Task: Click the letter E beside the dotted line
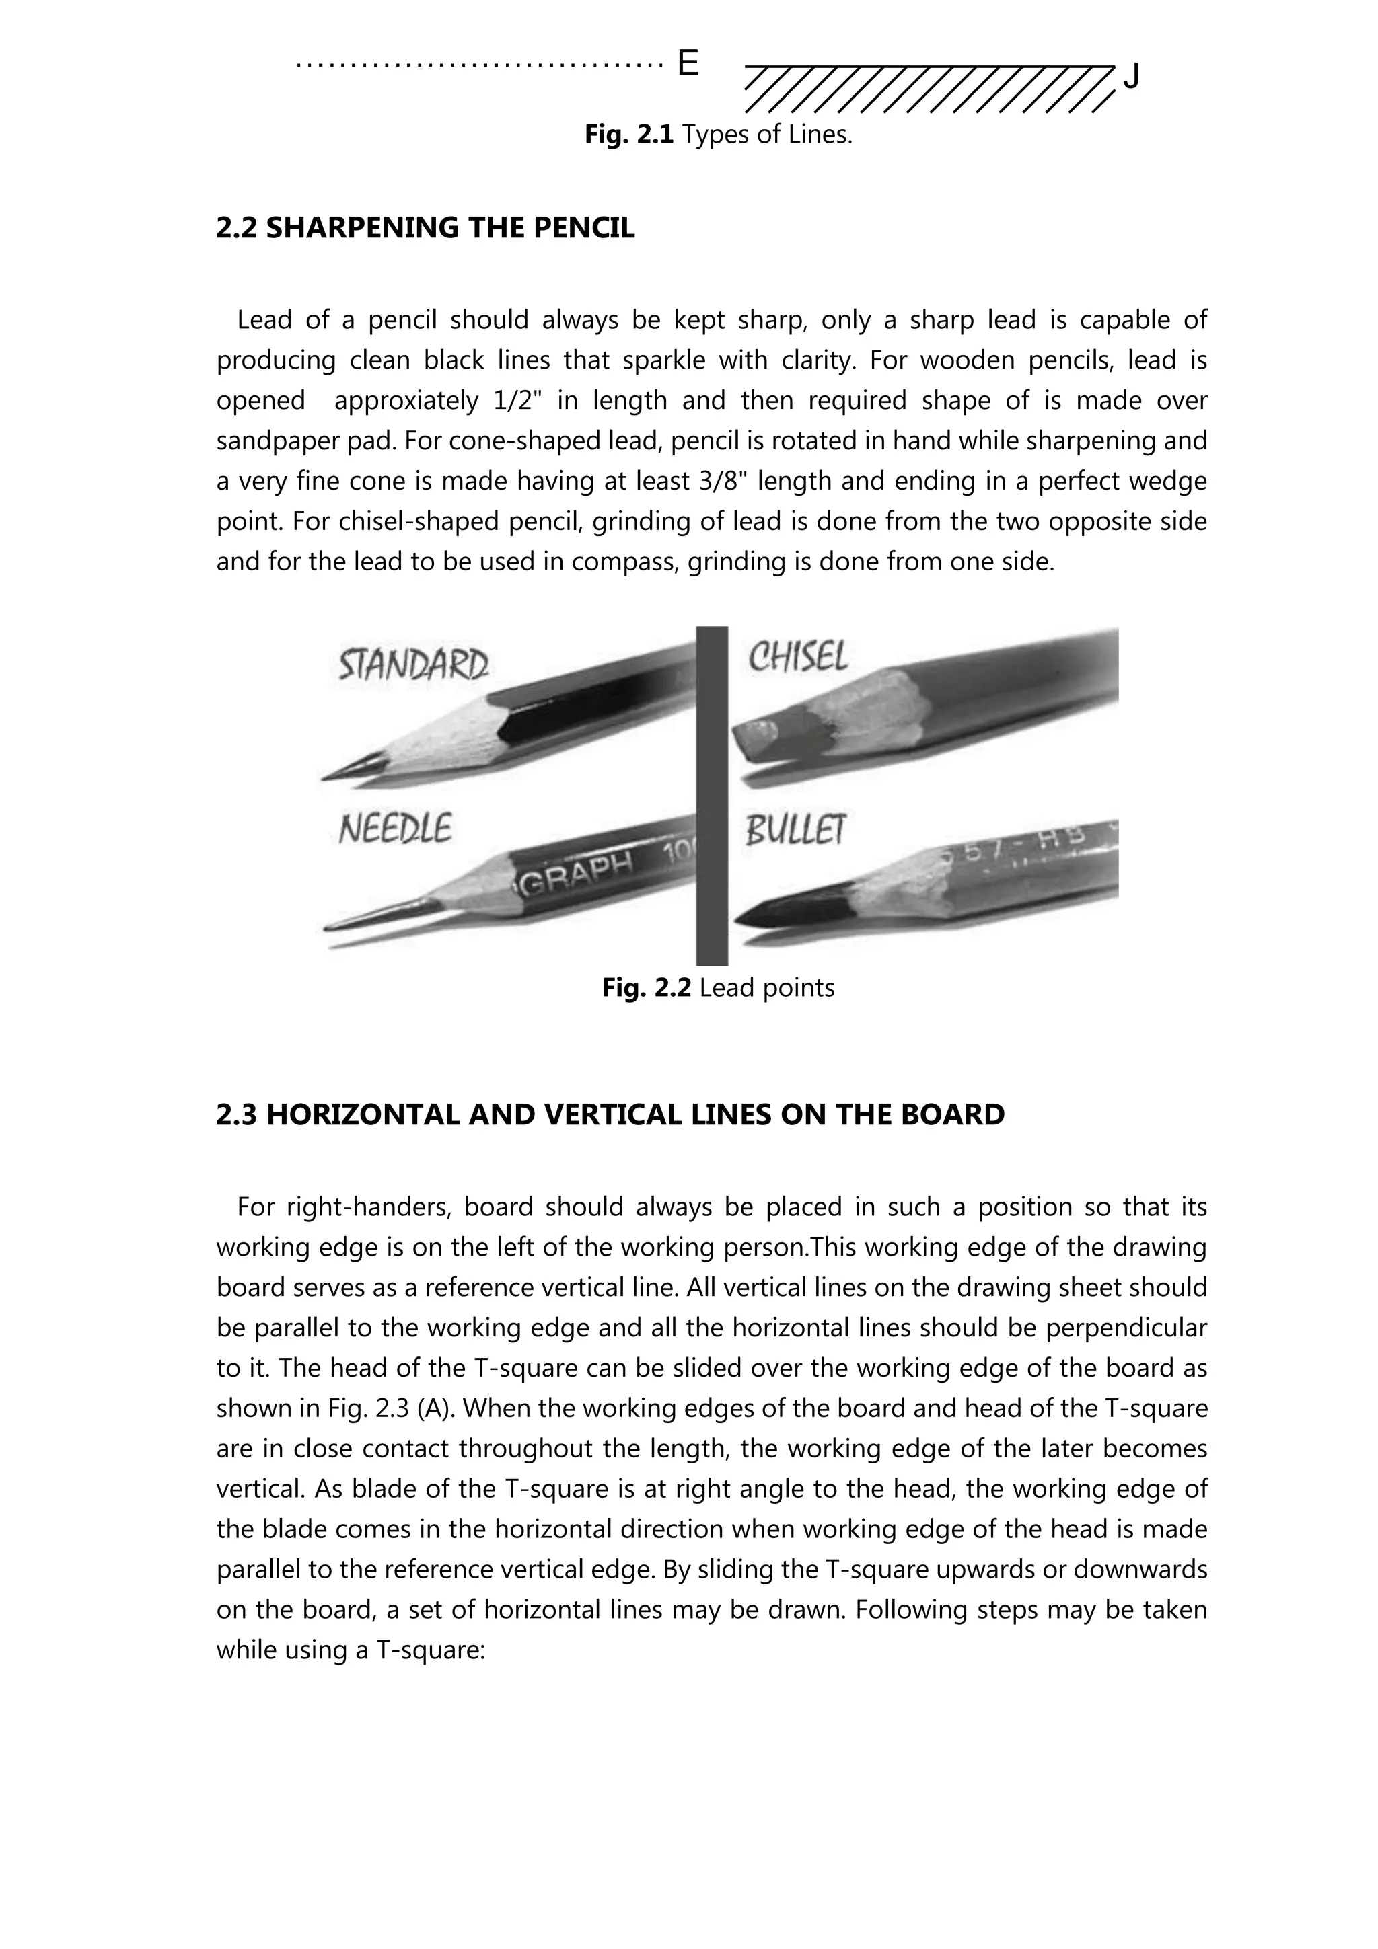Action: (688, 64)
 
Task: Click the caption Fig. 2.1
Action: (629, 134)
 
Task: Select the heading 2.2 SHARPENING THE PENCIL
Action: (425, 227)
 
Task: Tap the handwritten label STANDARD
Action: (414, 664)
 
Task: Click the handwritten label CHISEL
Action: (797, 656)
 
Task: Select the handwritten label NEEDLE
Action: (395, 829)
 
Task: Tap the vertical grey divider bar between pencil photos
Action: (711, 796)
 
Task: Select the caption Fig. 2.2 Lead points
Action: (719, 987)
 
